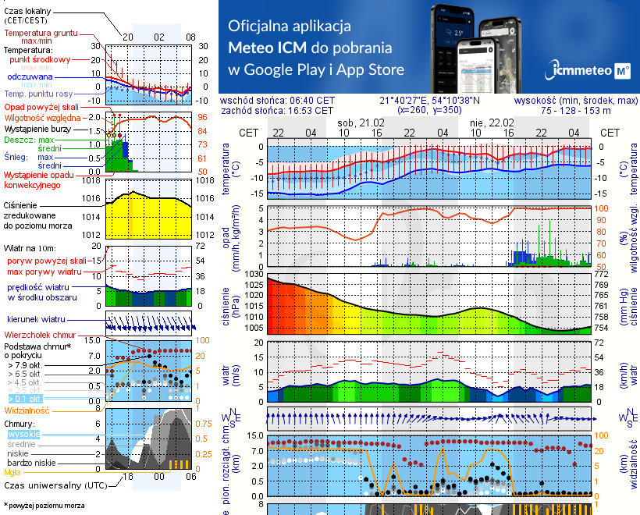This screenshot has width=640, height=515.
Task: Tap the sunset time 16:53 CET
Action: [311, 111]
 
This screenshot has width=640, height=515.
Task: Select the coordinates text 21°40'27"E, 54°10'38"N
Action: [429, 101]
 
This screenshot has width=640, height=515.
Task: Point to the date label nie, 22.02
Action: [491, 123]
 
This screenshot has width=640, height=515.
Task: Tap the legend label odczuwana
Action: [30, 77]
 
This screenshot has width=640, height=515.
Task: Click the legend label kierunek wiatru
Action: [34, 320]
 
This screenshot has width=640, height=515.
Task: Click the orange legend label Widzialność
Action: [27, 410]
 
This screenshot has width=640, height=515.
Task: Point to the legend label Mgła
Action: [12, 472]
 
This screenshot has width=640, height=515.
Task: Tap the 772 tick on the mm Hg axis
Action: [601, 275]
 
